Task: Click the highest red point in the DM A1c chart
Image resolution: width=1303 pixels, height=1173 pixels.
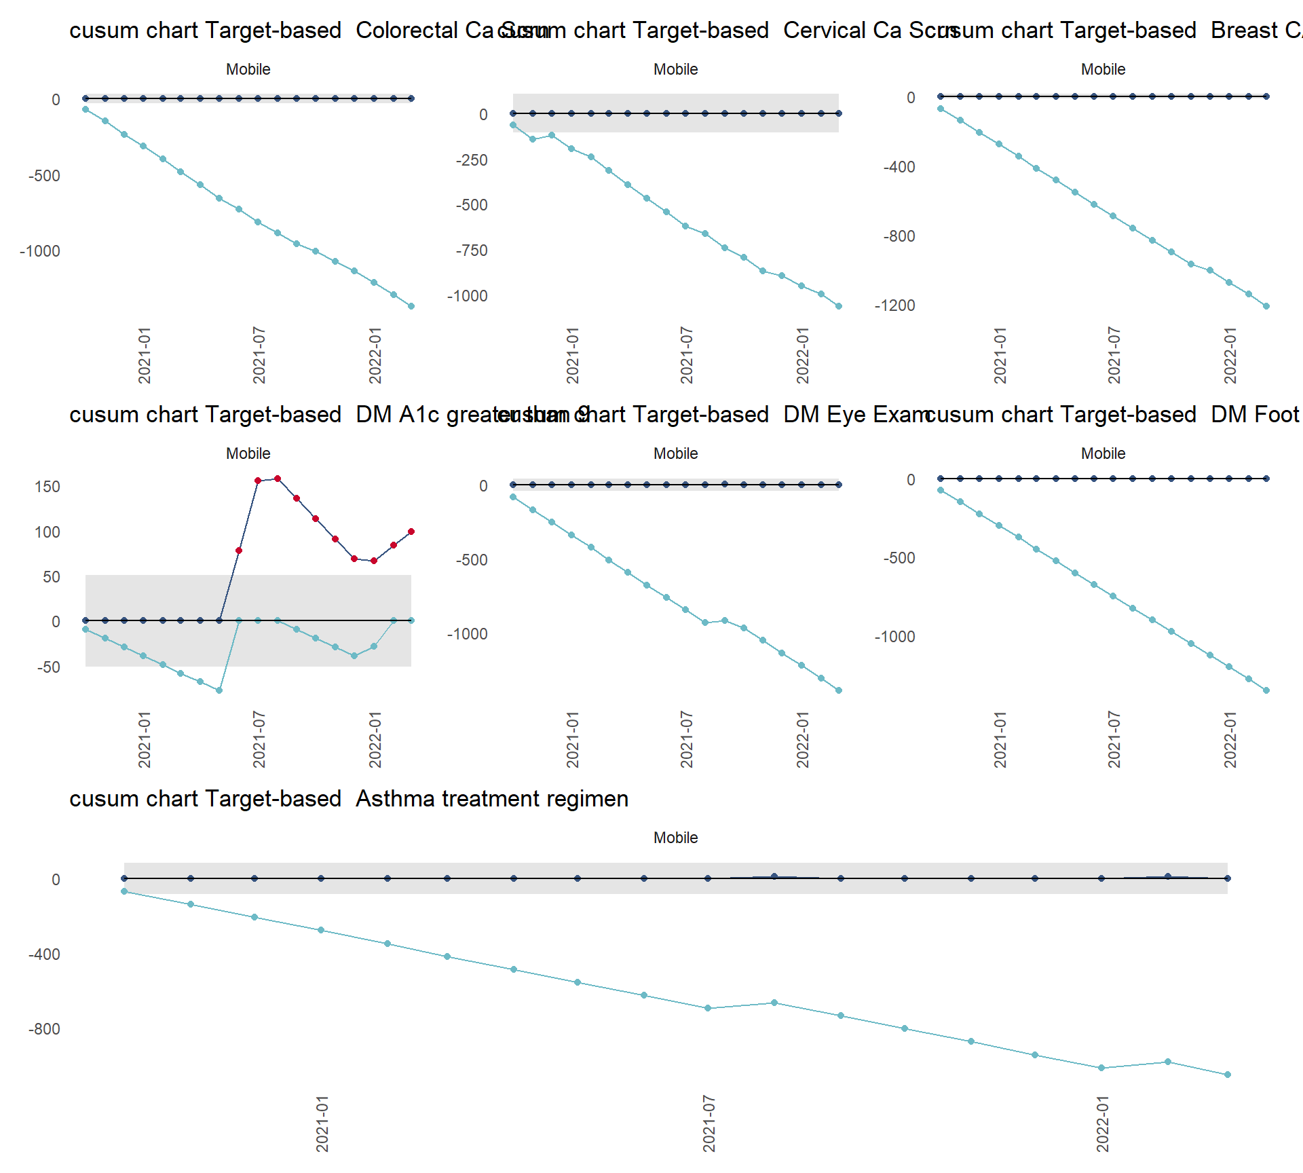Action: (278, 479)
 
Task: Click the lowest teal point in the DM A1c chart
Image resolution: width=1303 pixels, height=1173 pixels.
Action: (219, 690)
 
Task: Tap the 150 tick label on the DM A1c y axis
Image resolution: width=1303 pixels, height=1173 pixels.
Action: (48, 487)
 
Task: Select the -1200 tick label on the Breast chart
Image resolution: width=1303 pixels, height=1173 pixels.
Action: (895, 305)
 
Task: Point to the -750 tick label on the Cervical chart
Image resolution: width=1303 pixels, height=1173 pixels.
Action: (472, 250)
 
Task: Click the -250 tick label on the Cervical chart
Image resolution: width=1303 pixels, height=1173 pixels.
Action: (472, 160)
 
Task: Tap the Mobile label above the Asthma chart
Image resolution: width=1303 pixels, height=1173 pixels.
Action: (675, 838)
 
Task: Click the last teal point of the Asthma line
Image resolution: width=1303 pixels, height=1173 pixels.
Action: (1227, 1075)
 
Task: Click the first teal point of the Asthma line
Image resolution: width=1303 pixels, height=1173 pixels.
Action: (124, 891)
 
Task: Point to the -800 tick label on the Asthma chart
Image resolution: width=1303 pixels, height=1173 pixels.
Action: (44, 1029)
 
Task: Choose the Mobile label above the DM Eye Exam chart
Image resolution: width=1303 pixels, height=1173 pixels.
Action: (675, 453)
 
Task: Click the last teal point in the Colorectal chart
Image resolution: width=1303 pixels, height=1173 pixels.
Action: (411, 306)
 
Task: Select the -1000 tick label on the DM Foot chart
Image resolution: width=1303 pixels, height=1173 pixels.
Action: (895, 637)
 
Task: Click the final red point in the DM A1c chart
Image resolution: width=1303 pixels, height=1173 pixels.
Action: (411, 532)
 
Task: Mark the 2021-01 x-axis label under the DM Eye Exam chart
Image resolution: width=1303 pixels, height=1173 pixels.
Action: (572, 739)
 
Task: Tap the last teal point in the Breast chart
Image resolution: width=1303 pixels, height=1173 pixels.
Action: (1266, 306)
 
